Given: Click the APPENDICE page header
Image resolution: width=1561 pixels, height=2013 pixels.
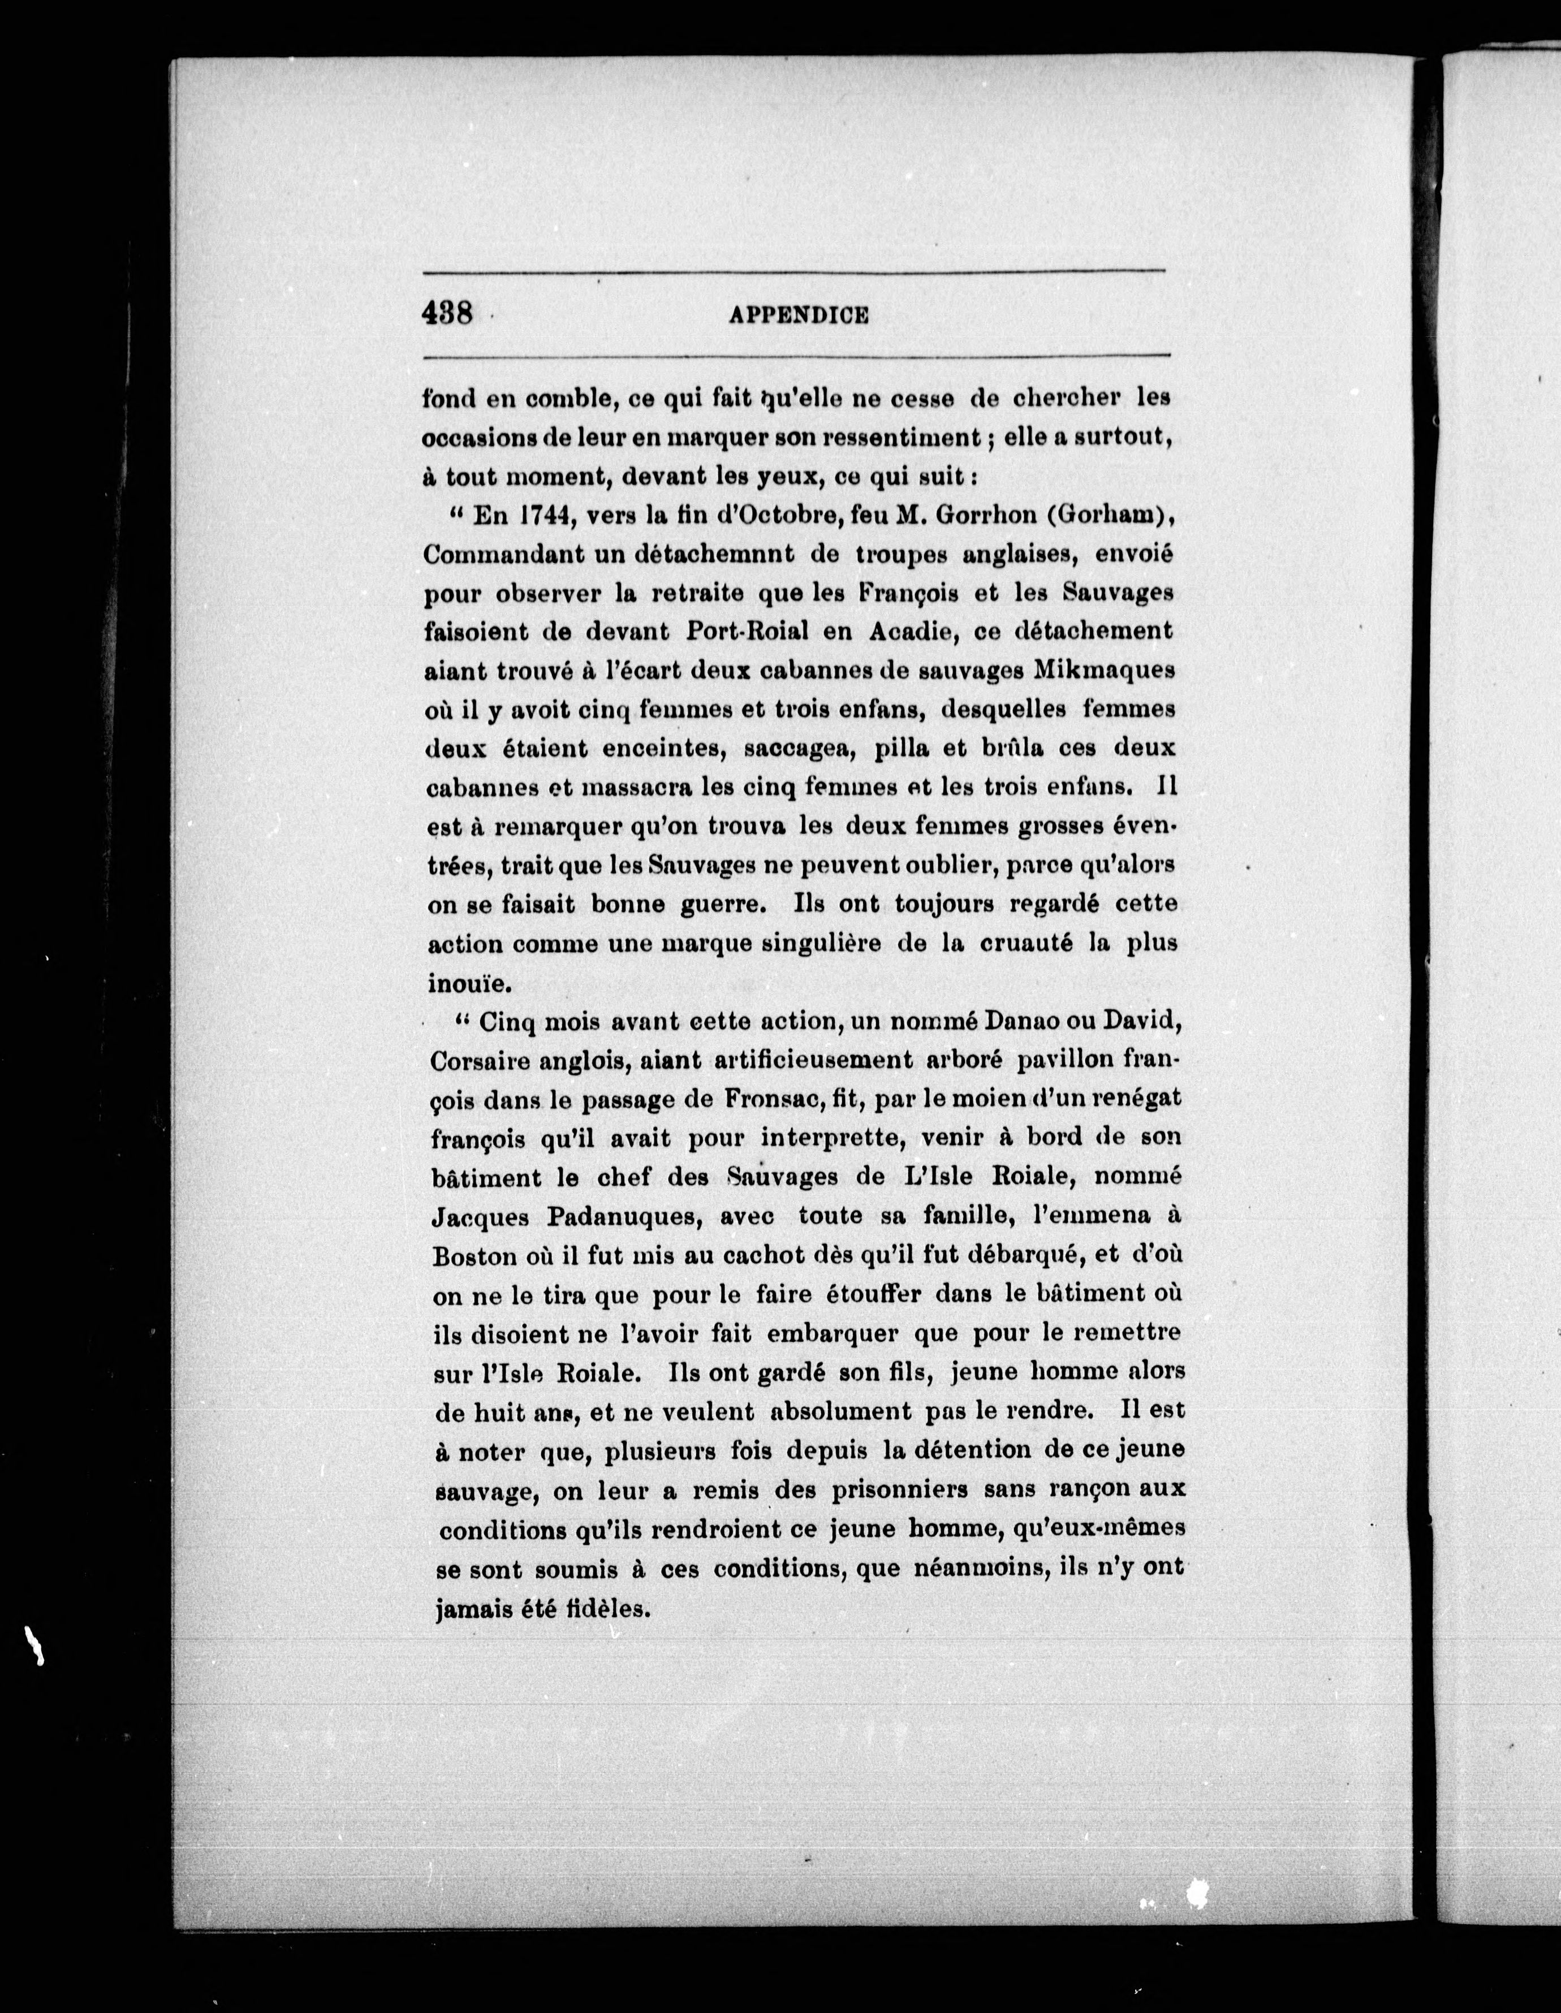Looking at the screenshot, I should [799, 315].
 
